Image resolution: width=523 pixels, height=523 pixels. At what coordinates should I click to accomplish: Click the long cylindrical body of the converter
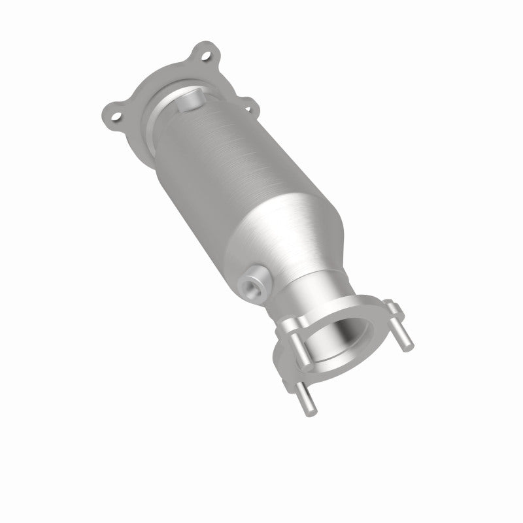pyautogui.click(x=209, y=177)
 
